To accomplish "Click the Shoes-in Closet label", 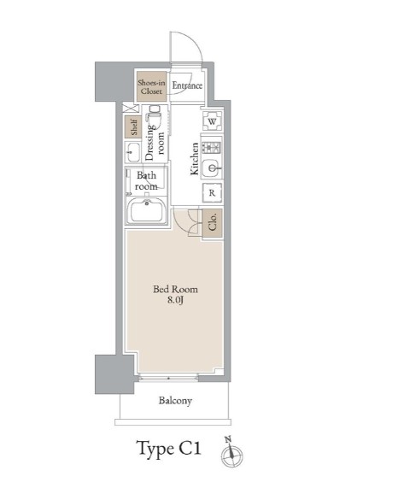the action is [x=151, y=87].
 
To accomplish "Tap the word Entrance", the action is [x=187, y=85].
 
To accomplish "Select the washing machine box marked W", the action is [x=213, y=121].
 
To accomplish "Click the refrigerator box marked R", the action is [x=212, y=192].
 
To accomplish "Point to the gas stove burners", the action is [x=212, y=147].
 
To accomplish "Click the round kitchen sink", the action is [x=212, y=168].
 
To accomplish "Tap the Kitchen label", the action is [x=194, y=159].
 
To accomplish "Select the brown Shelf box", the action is [x=133, y=127].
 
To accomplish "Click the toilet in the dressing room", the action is [x=155, y=117].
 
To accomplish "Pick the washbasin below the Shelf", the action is [x=133, y=152].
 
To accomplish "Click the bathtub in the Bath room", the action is [x=147, y=211].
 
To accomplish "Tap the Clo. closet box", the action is [x=213, y=223].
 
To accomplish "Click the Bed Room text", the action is [x=175, y=290].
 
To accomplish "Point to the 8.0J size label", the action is [x=175, y=300].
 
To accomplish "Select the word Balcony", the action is [x=175, y=401].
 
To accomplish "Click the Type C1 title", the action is [x=168, y=449].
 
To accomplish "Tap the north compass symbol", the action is [x=231, y=453].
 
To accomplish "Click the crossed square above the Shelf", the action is [x=131, y=109].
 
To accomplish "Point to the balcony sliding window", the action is [x=168, y=378].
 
